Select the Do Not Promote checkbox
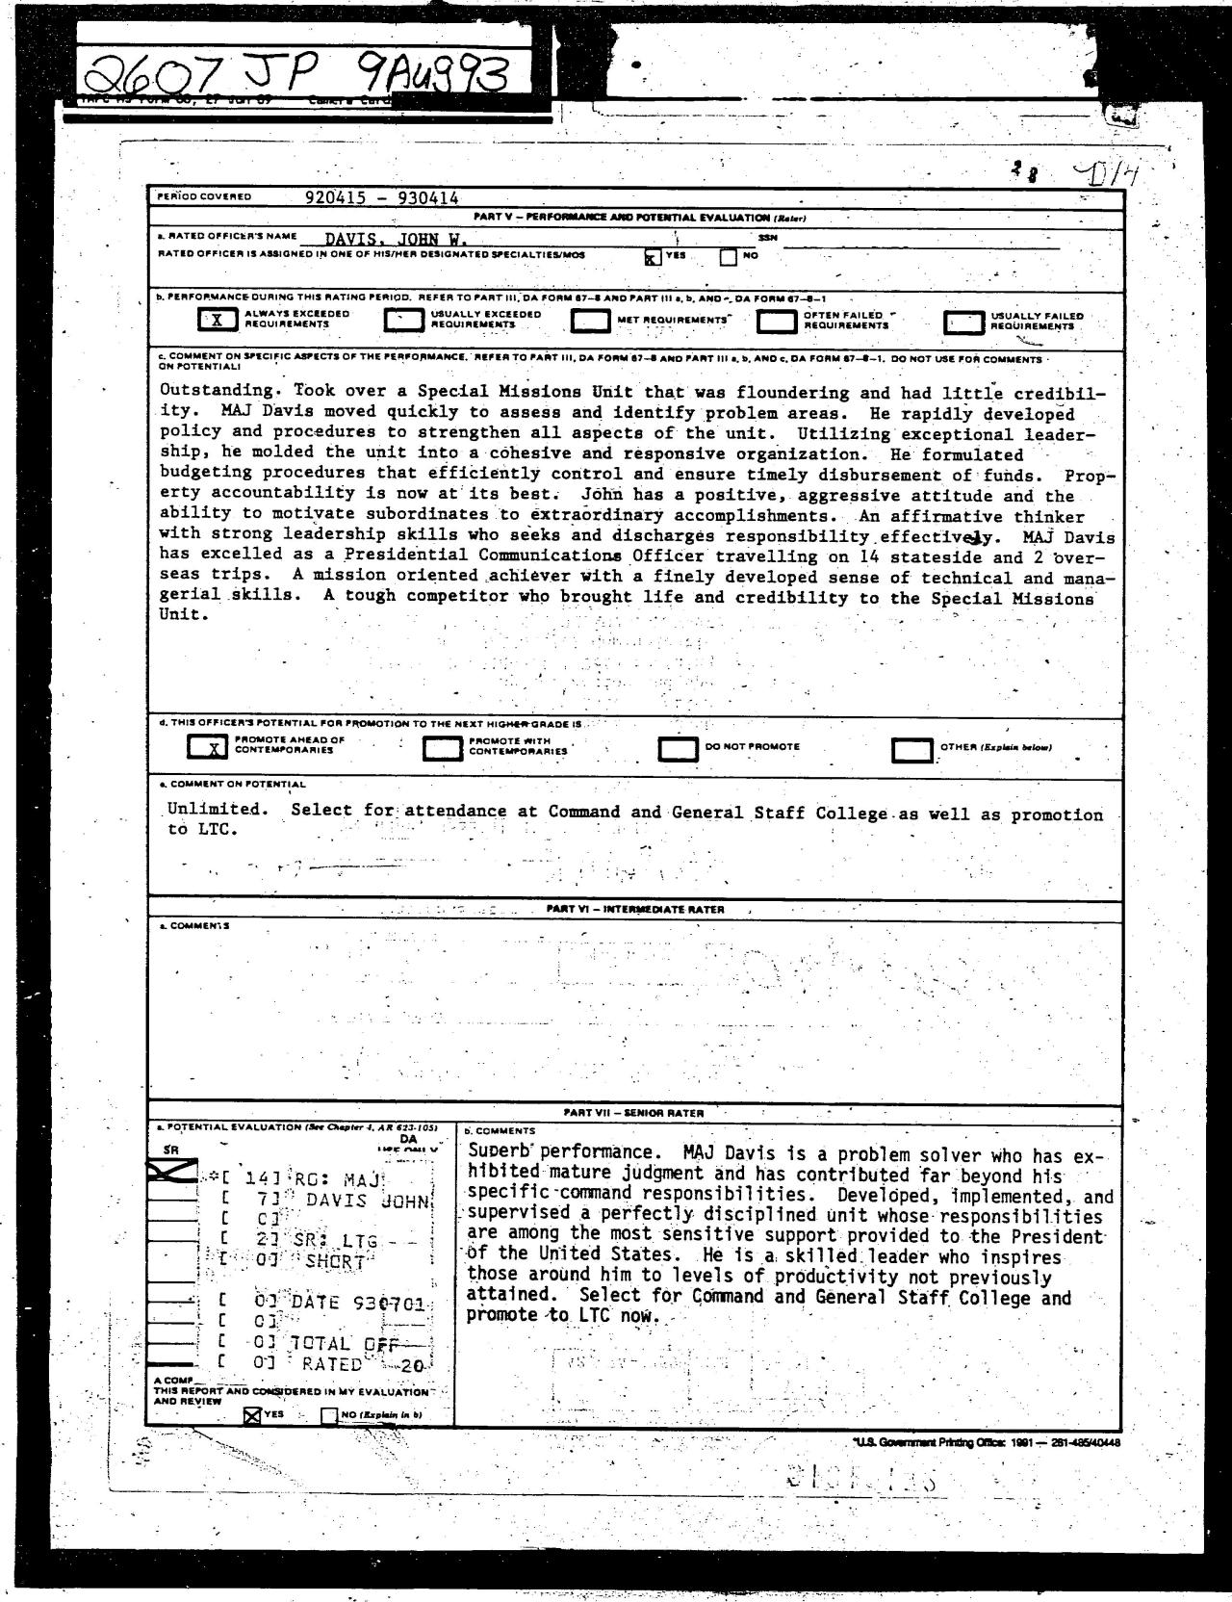click(x=678, y=748)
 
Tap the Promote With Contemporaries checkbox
click(x=443, y=748)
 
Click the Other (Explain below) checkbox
click(x=912, y=749)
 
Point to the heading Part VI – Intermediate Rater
click(x=635, y=909)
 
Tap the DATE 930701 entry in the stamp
click(x=357, y=1303)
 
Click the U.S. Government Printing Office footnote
click(x=985, y=1441)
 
